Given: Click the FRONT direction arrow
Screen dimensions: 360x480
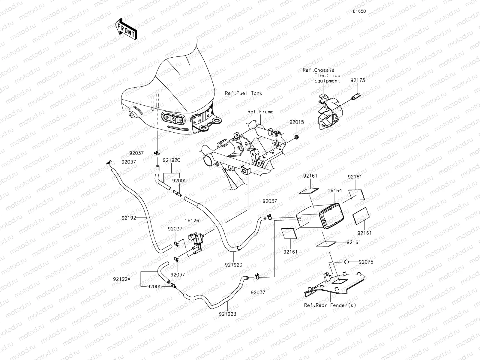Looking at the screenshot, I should coord(126,29).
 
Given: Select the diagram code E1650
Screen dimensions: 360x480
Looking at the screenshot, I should coord(359,11).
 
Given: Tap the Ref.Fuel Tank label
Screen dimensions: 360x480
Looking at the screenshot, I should coord(243,93).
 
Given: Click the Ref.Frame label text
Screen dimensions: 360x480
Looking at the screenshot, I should coord(260,112).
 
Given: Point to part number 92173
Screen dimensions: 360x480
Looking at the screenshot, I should coord(357,80).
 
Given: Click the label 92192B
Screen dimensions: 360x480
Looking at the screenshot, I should coord(227,314).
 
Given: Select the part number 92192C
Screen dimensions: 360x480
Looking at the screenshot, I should coord(171,160).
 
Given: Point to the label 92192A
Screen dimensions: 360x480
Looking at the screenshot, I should coord(122,279).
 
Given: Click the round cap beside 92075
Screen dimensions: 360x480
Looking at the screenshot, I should coord(346,262).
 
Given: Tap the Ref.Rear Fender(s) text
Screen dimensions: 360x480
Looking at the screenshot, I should coord(330,305).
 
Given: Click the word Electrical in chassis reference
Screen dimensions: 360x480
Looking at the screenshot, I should coord(328,76).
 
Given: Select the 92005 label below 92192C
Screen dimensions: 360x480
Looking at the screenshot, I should coord(179,181).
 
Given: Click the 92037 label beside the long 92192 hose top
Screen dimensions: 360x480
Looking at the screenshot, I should coord(128,162).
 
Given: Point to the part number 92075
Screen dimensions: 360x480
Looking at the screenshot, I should coord(366,262).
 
